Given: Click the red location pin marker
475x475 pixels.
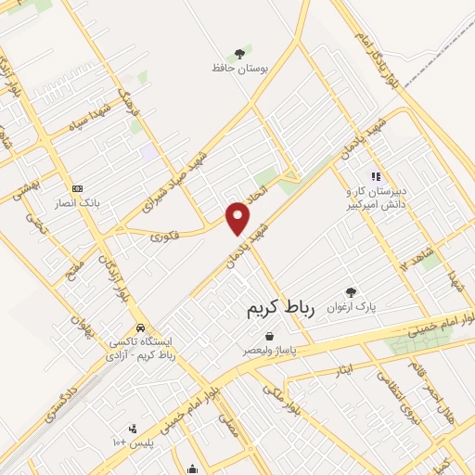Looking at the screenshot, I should tap(238, 217).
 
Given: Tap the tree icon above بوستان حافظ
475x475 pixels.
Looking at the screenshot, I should tap(239, 54).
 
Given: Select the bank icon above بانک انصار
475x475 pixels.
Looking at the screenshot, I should tap(77, 187).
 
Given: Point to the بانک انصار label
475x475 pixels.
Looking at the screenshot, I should tap(78, 201).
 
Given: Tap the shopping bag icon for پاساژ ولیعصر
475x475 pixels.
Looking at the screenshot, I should tap(268, 337).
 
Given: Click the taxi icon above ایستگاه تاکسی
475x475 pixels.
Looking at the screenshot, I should tap(140, 327).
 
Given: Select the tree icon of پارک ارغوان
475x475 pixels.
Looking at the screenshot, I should tap(351, 291).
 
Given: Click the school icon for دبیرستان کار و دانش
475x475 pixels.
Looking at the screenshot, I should tap(375, 175).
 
